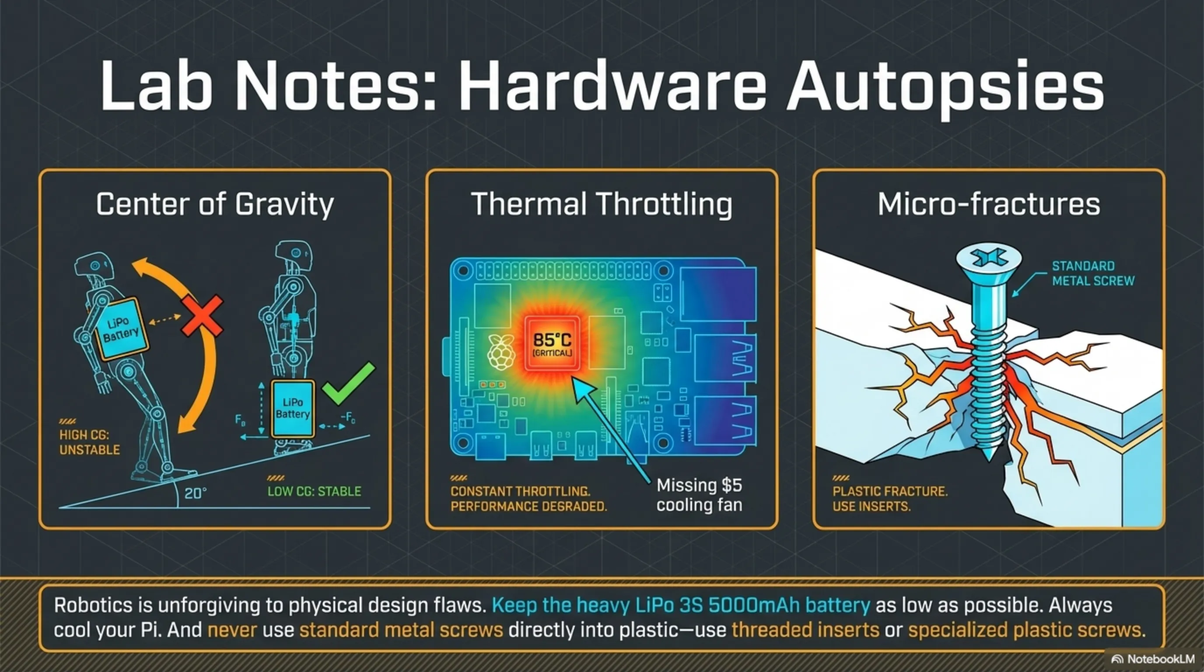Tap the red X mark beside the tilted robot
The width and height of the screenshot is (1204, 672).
(x=203, y=315)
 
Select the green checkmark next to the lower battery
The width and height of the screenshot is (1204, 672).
(x=349, y=383)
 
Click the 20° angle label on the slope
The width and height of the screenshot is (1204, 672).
(x=196, y=493)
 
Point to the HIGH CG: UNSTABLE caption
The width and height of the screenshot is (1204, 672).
(x=89, y=442)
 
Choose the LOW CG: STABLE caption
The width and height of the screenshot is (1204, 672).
(x=314, y=491)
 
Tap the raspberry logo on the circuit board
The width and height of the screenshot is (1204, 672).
(x=501, y=352)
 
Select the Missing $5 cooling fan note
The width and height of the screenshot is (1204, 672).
(x=699, y=495)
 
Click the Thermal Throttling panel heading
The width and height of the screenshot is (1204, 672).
(x=602, y=204)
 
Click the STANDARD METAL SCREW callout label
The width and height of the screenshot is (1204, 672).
(x=1093, y=273)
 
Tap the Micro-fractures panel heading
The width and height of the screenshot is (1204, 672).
(x=989, y=204)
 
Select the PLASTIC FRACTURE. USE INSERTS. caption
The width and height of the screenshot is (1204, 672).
(x=890, y=499)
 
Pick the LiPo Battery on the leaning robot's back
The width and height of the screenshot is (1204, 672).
(x=121, y=329)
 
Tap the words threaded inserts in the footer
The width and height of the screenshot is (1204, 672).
(x=805, y=630)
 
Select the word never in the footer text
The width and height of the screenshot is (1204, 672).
(x=232, y=630)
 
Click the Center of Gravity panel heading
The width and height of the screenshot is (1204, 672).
(x=214, y=204)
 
